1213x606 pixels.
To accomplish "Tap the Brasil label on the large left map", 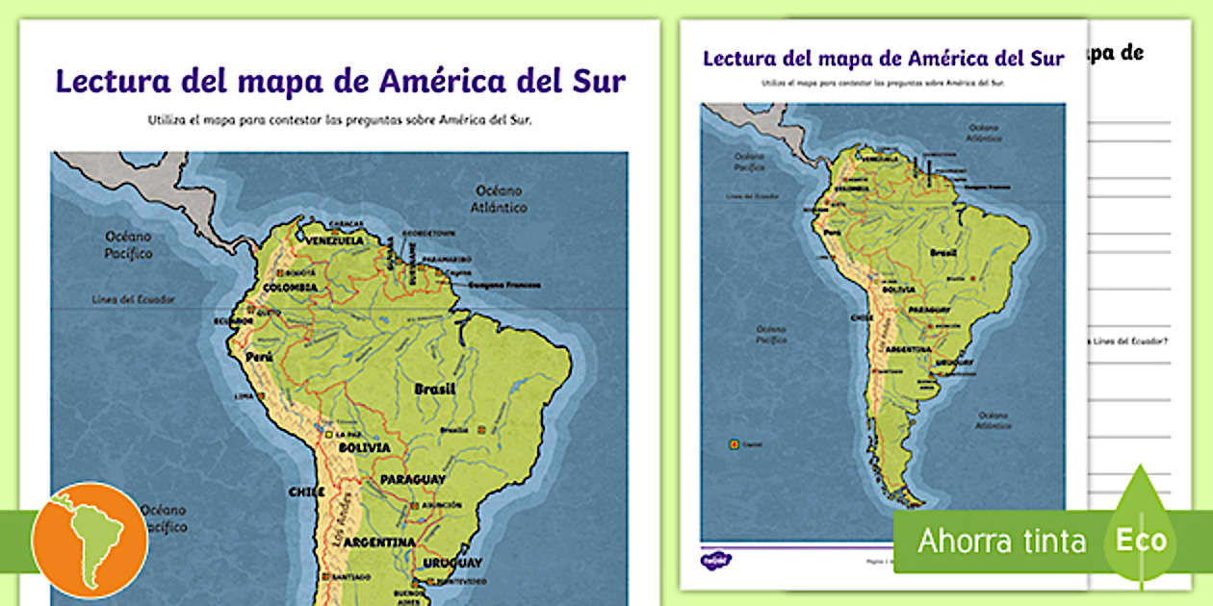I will [x=434, y=390].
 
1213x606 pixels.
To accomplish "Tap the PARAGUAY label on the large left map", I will [x=412, y=479].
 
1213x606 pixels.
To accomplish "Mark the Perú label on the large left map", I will [x=259, y=357].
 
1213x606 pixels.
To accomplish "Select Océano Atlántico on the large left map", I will [x=499, y=198].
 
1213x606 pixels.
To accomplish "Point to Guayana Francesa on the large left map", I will [x=504, y=285].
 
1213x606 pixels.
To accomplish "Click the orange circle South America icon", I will [x=90, y=540].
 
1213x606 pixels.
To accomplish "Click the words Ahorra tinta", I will [x=1001, y=542].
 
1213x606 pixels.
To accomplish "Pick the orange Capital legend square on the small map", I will [x=734, y=444].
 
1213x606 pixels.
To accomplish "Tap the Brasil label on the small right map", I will [x=943, y=251].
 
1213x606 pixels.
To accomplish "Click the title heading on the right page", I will [x=883, y=58].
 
